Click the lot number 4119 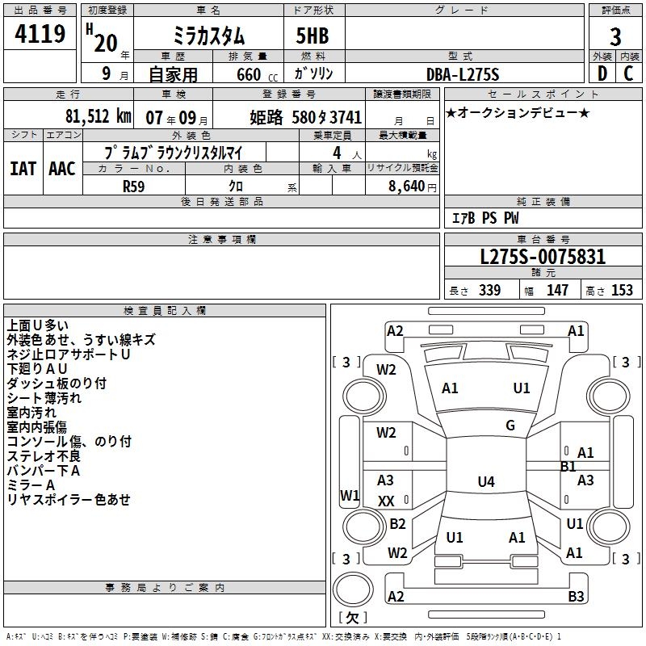coord(40,35)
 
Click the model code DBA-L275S coord(463,74)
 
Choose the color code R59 coord(134,185)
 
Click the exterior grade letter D coord(602,73)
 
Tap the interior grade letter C coord(628,73)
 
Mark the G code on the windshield coord(510,426)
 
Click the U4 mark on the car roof coord(485,482)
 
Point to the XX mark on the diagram coord(387,501)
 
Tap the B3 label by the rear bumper coord(576,597)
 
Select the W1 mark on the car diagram coord(349,494)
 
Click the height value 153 coord(622,290)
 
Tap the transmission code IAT coord(23,169)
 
